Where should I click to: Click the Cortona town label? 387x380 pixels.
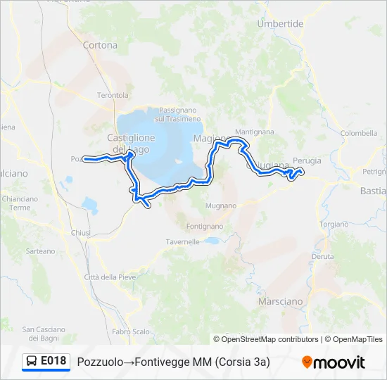click(x=100, y=45)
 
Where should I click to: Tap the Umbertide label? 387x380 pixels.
click(x=280, y=23)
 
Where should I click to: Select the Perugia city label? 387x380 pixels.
click(x=307, y=160)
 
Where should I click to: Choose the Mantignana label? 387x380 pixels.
click(x=254, y=132)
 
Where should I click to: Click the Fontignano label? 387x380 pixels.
click(x=205, y=227)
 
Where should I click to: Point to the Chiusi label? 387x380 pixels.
click(x=81, y=232)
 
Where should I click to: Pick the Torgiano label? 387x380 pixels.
click(x=333, y=224)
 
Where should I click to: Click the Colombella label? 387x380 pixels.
click(x=358, y=132)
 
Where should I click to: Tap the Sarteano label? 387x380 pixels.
click(x=40, y=251)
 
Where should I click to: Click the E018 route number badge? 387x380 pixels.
click(x=53, y=361)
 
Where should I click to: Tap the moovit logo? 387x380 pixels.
click(x=334, y=362)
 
